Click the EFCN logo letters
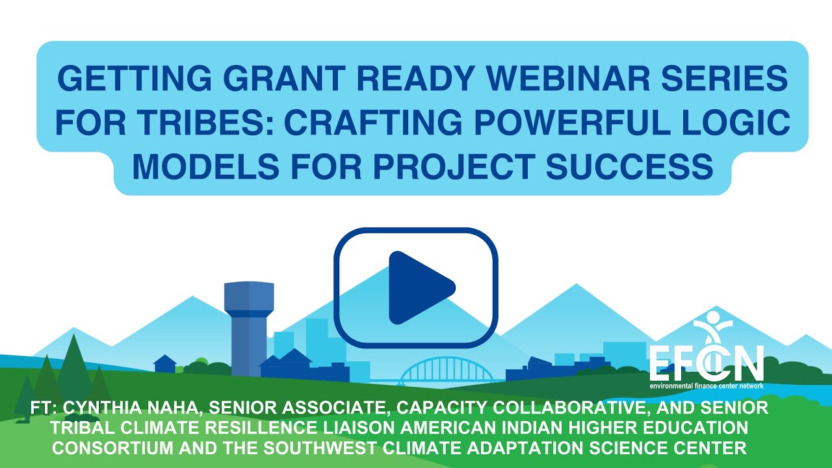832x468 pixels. point(706,365)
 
